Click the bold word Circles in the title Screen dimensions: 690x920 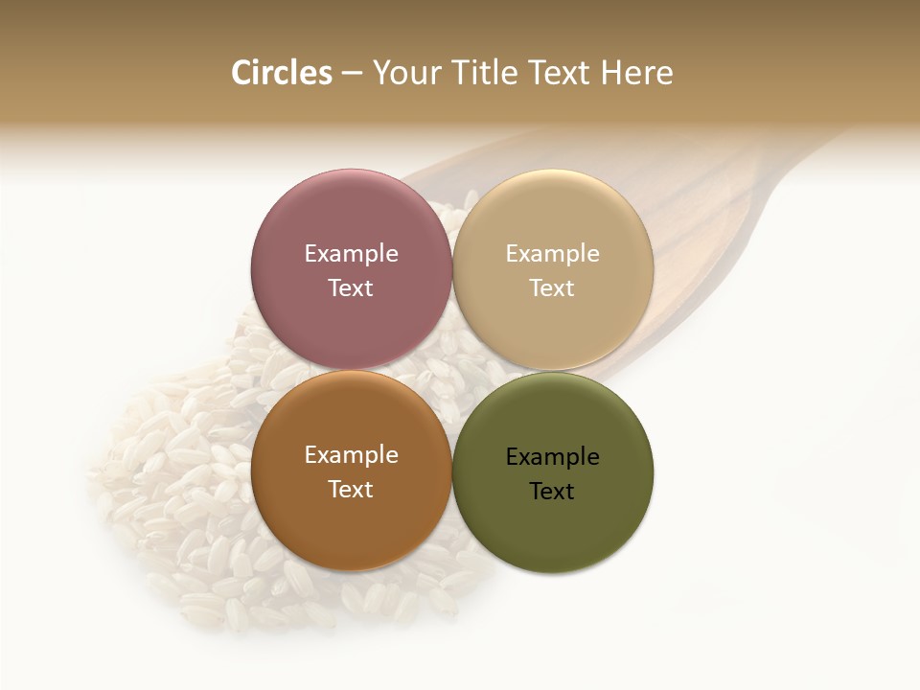pyautogui.click(x=281, y=73)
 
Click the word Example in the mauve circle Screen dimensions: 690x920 pyautogui.click(x=351, y=254)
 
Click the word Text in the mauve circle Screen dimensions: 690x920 pyautogui.click(x=351, y=288)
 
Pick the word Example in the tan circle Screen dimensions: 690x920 pyautogui.click(x=552, y=254)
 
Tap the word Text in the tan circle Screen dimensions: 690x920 pyautogui.click(x=552, y=288)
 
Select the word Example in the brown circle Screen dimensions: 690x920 pyautogui.click(x=351, y=455)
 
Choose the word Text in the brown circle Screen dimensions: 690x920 pyautogui.click(x=351, y=490)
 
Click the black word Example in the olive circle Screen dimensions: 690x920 pyautogui.click(x=552, y=457)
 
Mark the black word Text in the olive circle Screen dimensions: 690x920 pyautogui.click(x=552, y=492)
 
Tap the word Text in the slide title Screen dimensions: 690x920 pyautogui.click(x=558, y=73)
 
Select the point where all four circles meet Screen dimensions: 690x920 pyautogui.click(x=452, y=371)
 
